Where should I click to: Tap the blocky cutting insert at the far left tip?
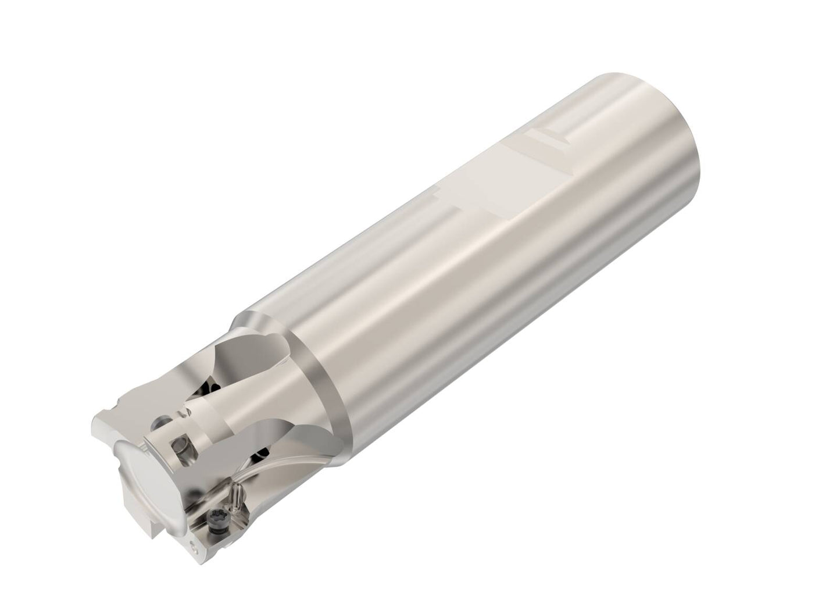(108, 430)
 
